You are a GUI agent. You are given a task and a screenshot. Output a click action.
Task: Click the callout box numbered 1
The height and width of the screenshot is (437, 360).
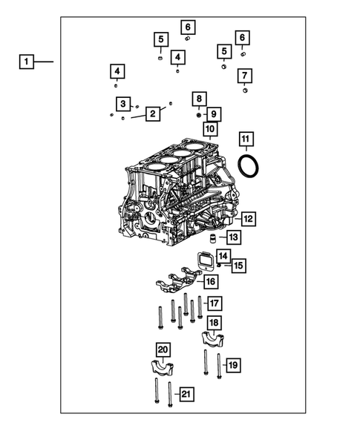[x=26, y=62]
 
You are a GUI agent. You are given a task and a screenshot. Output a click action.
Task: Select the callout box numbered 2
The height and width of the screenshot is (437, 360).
[x=152, y=114]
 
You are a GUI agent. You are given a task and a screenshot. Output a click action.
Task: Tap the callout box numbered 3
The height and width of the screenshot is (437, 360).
[x=123, y=103]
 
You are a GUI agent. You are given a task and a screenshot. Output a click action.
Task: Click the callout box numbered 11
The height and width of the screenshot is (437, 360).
[x=246, y=139]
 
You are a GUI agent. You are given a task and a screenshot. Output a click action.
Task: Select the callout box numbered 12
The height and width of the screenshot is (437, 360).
[x=248, y=219]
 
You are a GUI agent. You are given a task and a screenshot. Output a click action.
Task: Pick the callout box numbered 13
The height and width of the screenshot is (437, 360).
[x=232, y=237]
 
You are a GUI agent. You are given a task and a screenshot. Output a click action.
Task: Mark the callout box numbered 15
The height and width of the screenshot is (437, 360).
[x=238, y=265]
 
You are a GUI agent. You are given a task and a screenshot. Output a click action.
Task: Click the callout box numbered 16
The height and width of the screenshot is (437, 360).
[x=211, y=282]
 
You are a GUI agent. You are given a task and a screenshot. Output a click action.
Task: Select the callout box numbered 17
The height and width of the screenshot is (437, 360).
[x=214, y=303]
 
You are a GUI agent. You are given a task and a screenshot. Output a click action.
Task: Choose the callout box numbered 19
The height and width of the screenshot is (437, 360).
[x=232, y=364]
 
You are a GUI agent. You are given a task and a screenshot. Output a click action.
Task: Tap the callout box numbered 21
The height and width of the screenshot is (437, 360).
[x=186, y=393]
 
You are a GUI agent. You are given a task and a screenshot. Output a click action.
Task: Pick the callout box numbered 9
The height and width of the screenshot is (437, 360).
[x=214, y=114]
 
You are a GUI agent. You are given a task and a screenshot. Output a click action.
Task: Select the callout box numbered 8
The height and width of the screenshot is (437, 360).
[x=199, y=98]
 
